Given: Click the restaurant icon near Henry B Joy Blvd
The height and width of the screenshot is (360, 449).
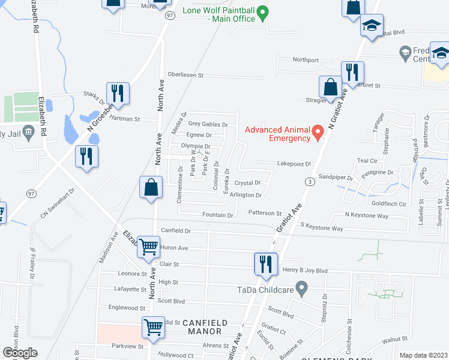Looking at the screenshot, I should point(264,264).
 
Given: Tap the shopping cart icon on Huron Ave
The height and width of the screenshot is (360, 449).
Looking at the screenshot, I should point(148,247).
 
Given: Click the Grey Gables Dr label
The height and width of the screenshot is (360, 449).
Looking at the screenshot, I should point(208,124).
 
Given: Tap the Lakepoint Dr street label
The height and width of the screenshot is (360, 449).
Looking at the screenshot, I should point(294,163).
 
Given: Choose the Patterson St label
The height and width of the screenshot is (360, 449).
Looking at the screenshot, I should point(265,213).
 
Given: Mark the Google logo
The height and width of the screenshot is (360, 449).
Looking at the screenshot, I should point(20,353).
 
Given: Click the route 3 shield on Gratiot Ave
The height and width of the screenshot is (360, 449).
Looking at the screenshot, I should point(309,181).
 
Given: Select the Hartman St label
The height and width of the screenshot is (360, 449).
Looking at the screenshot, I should point(124,119).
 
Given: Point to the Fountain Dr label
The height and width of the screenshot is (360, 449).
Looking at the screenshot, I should point(218,215).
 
